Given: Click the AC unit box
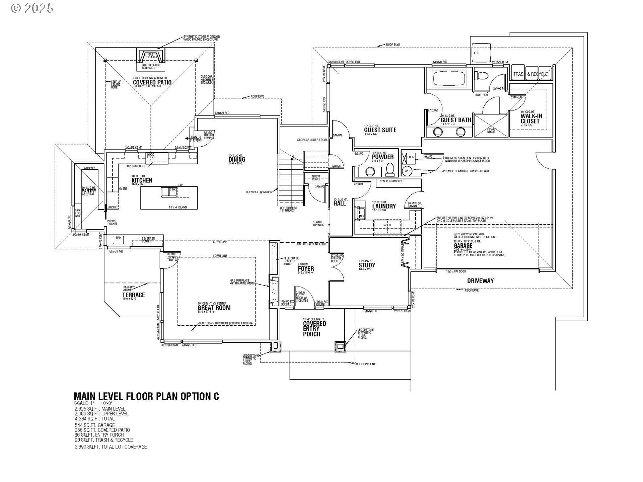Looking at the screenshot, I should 481,53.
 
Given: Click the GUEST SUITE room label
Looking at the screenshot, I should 380,130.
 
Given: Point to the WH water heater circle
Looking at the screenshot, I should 407,171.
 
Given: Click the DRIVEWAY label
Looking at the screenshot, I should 480,281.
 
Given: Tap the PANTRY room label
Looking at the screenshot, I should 89,191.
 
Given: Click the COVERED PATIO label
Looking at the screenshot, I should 152,82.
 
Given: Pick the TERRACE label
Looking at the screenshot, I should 134,295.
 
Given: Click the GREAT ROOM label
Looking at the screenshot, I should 214,308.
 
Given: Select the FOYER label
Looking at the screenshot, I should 306,268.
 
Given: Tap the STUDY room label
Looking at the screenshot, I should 367,265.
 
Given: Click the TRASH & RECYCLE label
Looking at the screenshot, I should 530,74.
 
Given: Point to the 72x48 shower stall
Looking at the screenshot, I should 491,125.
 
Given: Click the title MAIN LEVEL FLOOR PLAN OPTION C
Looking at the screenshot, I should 146,396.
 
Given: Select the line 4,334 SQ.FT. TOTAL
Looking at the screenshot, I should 95,418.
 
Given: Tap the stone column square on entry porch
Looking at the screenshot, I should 340,346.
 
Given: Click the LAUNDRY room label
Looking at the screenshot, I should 384,206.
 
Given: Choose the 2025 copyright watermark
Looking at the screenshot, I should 32,8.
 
